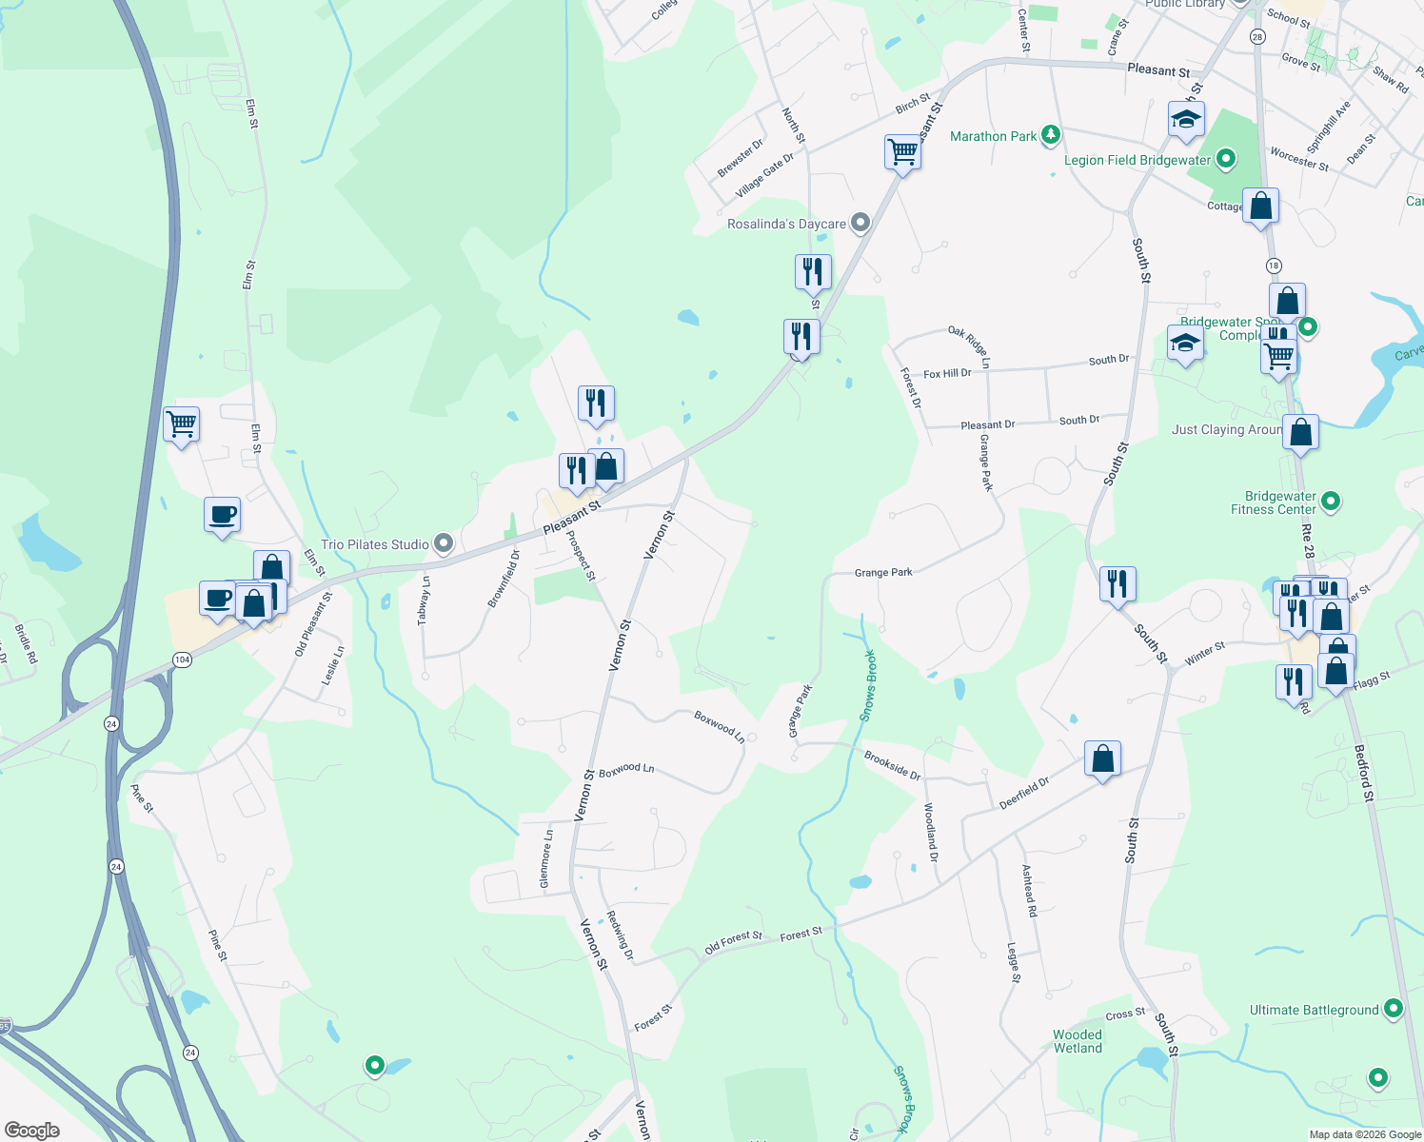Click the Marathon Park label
pyautogui.click(x=993, y=136)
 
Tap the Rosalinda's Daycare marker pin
pyautogui.click(x=860, y=224)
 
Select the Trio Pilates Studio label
pyautogui.click(x=375, y=544)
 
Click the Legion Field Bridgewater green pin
pyautogui.click(x=1226, y=159)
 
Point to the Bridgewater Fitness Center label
pyautogui.click(x=1280, y=502)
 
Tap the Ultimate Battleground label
pyautogui.click(x=1314, y=1010)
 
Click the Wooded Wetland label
pyautogui.click(x=1078, y=1041)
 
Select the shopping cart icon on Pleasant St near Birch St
pyautogui.click(x=901, y=150)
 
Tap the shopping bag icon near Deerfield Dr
pyautogui.click(x=1102, y=758)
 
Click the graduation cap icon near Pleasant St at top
pyautogui.click(x=1186, y=119)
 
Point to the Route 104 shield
pyautogui.click(x=182, y=660)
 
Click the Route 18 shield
pyautogui.click(x=1274, y=266)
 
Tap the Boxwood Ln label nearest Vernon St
pyautogui.click(x=626, y=769)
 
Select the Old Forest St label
pyautogui.click(x=733, y=942)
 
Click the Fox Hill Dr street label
pyautogui.click(x=947, y=374)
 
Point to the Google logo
pyautogui.click(x=32, y=1130)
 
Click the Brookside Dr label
pyautogui.click(x=892, y=765)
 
